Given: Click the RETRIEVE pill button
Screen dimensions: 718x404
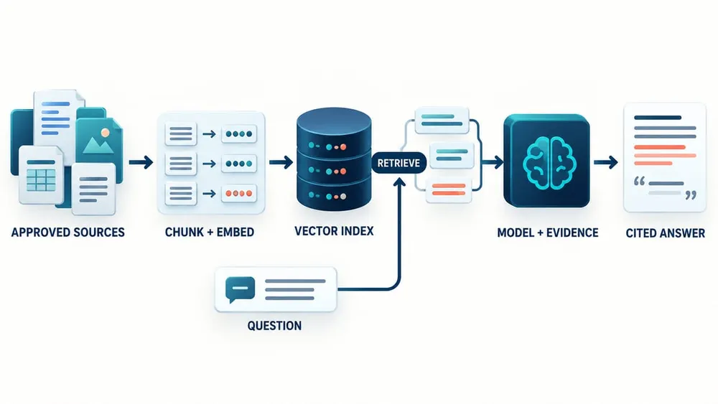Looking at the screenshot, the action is pyautogui.click(x=398, y=163).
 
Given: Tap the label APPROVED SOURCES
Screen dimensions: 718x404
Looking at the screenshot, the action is pyautogui.click(x=67, y=232).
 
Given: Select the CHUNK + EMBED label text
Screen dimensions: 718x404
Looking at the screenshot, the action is pyautogui.click(x=209, y=232).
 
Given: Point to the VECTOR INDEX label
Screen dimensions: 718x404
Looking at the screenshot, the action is pyautogui.click(x=334, y=231).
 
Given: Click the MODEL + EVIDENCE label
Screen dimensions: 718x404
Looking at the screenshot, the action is pyautogui.click(x=548, y=233).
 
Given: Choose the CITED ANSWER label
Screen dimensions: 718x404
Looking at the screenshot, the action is pyautogui.click(x=666, y=233).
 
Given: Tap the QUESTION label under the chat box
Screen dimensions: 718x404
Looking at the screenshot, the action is pyautogui.click(x=274, y=326).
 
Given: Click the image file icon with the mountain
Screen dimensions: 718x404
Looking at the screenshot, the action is pyautogui.click(x=99, y=143).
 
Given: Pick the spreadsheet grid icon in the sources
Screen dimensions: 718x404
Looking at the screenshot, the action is pyautogui.click(x=41, y=180).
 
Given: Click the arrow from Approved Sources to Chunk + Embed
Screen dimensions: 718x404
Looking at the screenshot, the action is pyautogui.click(x=141, y=162).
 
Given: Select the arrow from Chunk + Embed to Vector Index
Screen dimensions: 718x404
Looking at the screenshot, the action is pyautogui.click(x=281, y=162).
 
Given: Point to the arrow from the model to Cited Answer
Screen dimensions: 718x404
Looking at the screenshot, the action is pyautogui.click(x=606, y=162).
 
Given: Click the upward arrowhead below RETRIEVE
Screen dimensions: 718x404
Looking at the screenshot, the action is pyautogui.click(x=400, y=183).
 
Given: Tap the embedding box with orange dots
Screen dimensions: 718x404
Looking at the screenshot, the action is pyautogui.click(x=238, y=194).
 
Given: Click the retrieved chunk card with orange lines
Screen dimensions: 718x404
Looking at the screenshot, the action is pyautogui.click(x=449, y=190).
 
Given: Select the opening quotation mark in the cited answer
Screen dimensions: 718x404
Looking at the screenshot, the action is pyautogui.click(x=639, y=181).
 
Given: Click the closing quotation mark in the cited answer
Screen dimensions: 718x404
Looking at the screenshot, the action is pyautogui.click(x=691, y=195).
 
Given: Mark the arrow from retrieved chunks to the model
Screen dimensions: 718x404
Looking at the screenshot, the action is pyautogui.click(x=493, y=162).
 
